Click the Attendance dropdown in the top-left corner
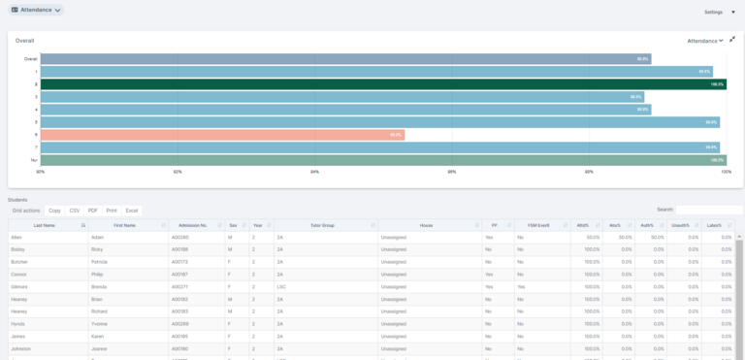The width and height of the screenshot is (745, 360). point(36,10)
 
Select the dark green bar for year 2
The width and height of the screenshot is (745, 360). point(383,84)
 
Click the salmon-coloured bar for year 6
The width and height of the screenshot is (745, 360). point(222,135)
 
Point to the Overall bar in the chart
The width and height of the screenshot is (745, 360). point(345,59)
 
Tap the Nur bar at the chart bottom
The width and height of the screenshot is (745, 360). point(383,160)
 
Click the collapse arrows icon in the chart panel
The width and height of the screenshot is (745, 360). point(732,40)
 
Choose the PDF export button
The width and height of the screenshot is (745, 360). point(93,211)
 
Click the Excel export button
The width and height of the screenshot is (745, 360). point(132,211)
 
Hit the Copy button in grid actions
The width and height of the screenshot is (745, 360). point(54,211)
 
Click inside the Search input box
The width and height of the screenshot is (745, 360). point(708,210)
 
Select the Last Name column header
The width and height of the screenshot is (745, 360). point(45,225)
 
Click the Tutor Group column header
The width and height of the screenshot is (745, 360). point(322,225)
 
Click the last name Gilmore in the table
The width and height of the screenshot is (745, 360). point(19,287)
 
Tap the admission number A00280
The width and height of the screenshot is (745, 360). point(180,237)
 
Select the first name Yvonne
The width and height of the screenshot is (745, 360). point(102,324)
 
